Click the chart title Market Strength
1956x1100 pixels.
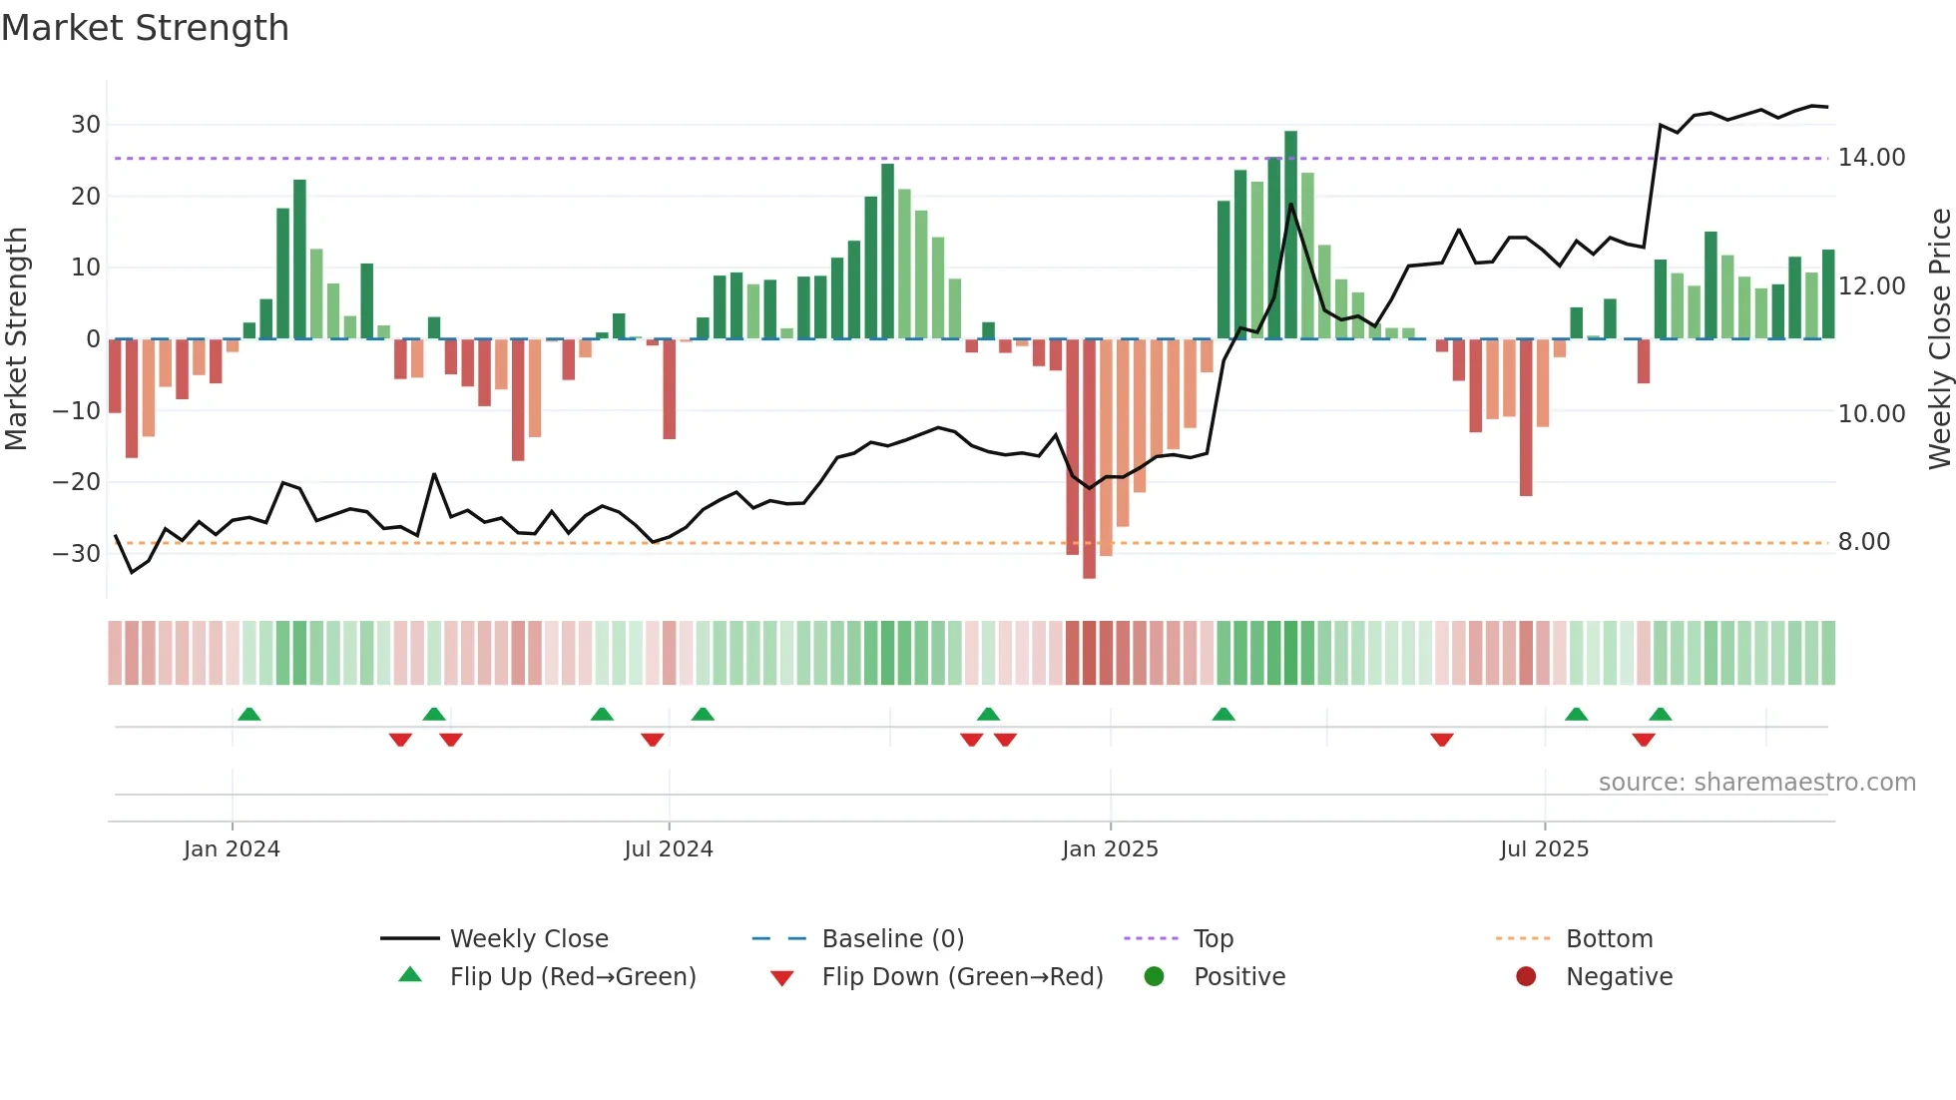click(145, 28)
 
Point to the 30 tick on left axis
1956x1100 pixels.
click(86, 125)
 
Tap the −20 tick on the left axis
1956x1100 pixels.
click(77, 482)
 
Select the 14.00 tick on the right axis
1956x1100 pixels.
click(1871, 158)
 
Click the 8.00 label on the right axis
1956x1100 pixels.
click(1863, 542)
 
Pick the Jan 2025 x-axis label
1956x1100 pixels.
click(1110, 849)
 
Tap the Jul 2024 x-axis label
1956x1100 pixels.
click(668, 849)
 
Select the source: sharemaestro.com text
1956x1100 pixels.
click(1756, 783)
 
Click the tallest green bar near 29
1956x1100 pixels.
click(1290, 235)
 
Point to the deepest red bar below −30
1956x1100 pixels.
click(1089, 459)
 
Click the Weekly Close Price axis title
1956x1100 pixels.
click(1939, 339)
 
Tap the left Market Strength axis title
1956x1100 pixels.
click(16, 339)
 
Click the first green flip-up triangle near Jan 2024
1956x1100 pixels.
click(249, 714)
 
